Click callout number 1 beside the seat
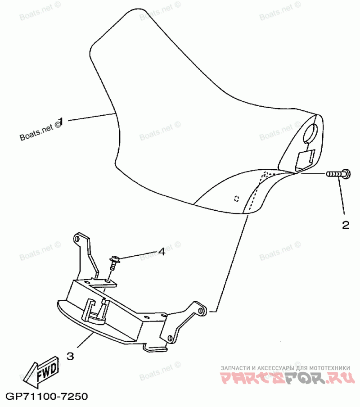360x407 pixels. tap(61, 121)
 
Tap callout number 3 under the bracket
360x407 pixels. tap(70, 356)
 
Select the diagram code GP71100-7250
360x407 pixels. tap(46, 397)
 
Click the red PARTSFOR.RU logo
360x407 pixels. tap(285, 378)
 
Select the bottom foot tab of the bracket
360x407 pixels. tap(155, 348)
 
